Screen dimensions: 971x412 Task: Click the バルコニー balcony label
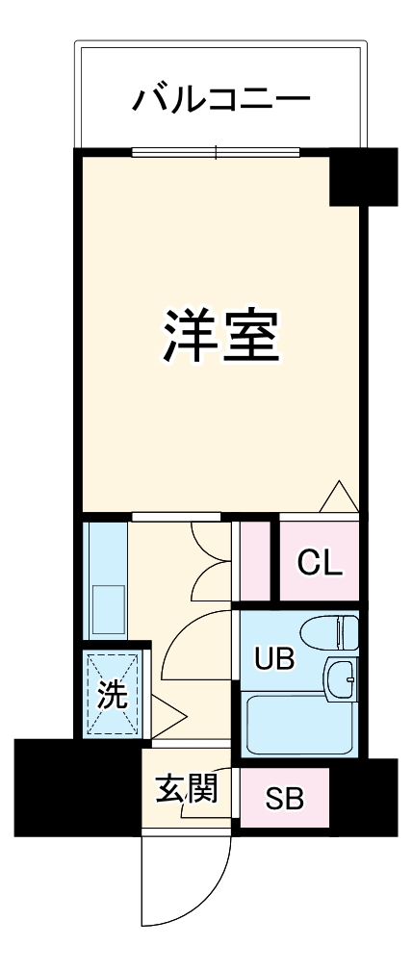tap(221, 98)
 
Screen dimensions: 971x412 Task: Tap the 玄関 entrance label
tap(185, 789)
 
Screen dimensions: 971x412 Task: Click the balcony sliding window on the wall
tap(217, 151)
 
